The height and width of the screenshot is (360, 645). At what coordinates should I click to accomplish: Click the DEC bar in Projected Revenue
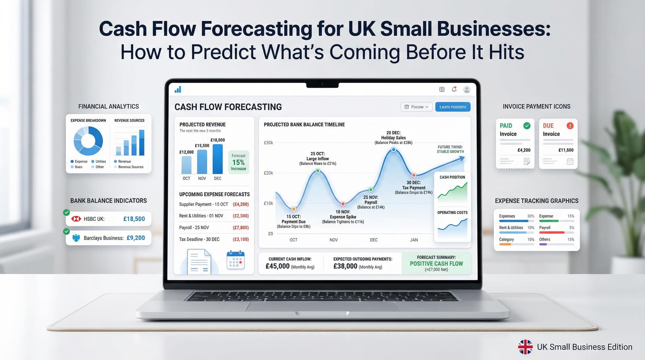click(x=218, y=159)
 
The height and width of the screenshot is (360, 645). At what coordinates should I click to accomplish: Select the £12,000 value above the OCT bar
click(x=186, y=152)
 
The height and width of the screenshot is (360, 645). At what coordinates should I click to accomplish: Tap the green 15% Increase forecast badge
click(x=238, y=162)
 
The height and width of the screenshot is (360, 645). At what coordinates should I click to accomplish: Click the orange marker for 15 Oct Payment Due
click(x=294, y=209)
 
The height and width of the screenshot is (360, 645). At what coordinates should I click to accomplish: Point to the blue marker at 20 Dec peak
click(x=393, y=150)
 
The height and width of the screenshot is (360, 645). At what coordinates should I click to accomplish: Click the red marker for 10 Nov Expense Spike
click(x=343, y=204)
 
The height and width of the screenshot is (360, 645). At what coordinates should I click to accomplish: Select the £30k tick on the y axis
click(x=268, y=143)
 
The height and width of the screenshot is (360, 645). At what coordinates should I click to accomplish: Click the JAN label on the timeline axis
click(x=414, y=240)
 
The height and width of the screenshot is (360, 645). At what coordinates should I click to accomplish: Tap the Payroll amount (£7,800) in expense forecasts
click(x=241, y=227)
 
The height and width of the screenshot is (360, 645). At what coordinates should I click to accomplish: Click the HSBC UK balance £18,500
click(x=134, y=219)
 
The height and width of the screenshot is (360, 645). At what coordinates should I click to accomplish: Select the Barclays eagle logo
click(x=76, y=238)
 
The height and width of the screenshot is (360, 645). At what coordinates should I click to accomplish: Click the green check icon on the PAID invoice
click(x=527, y=126)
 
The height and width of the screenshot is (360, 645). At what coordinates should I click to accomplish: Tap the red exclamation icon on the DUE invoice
click(x=570, y=126)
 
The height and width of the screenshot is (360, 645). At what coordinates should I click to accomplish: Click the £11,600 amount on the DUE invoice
click(x=566, y=150)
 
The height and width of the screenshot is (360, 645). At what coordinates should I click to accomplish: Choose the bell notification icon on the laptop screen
click(x=454, y=89)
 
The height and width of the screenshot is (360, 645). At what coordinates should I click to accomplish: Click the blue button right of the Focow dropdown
click(x=453, y=107)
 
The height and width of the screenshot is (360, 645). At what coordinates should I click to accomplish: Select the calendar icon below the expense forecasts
click(x=236, y=260)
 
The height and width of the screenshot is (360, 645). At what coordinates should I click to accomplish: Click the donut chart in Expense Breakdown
click(x=88, y=141)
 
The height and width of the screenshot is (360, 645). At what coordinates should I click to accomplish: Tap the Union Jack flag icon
click(x=525, y=347)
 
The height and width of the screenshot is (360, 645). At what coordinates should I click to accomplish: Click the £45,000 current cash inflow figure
click(x=277, y=266)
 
